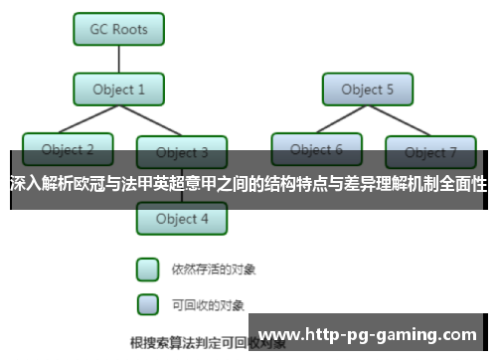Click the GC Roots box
click(119, 29)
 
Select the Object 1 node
click(119, 90)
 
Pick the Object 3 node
click(182, 153)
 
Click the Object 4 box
click(182, 219)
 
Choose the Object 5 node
click(368, 90)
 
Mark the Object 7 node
click(430, 152)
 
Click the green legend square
click(147, 269)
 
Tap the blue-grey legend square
click(147, 302)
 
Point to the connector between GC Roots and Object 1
click(119, 59)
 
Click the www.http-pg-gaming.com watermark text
click(367, 334)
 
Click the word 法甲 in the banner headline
click(160, 184)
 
